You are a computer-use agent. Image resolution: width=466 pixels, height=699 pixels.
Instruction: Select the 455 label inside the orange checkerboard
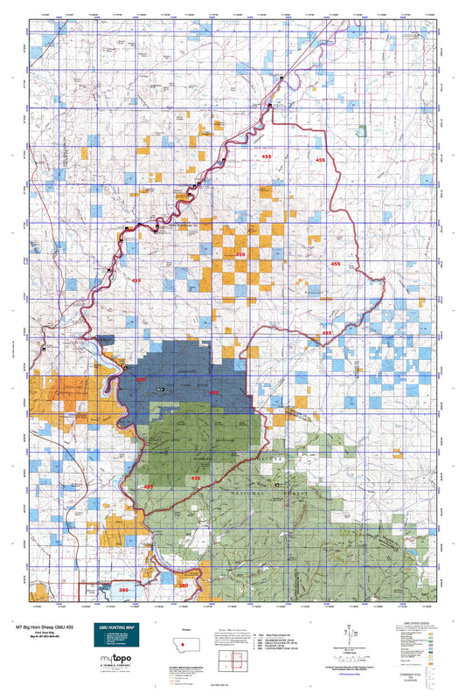240,254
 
